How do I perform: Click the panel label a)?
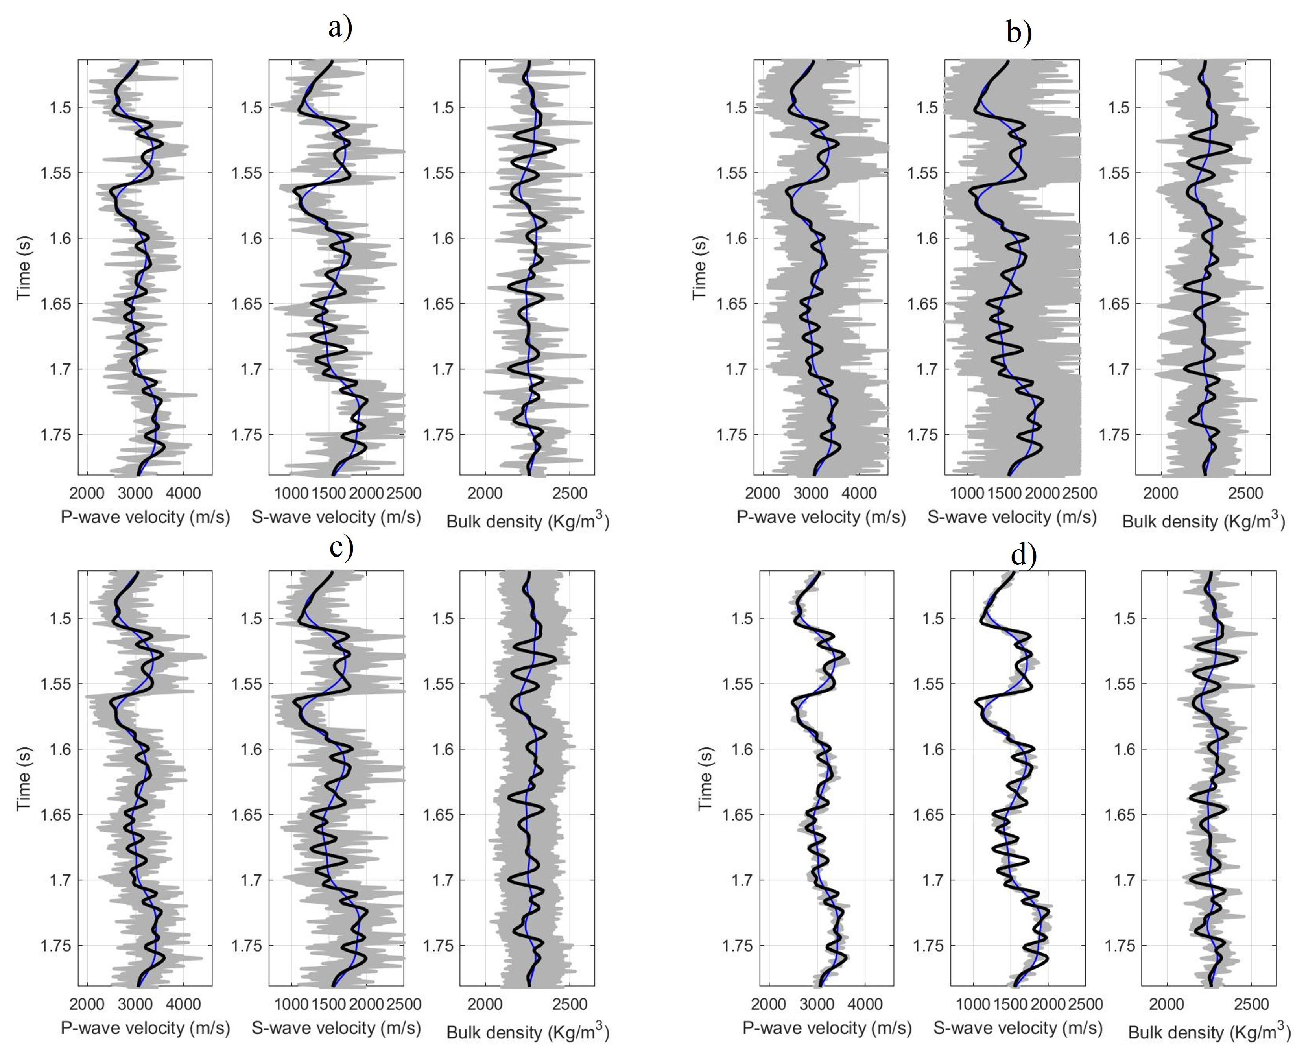click(x=340, y=28)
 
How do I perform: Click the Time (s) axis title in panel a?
click(x=24, y=267)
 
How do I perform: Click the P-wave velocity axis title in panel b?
click(x=821, y=517)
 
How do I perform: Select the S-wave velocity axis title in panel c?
click(x=336, y=1027)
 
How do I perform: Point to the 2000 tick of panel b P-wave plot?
click(x=763, y=493)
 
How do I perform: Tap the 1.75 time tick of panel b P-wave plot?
click(x=735, y=435)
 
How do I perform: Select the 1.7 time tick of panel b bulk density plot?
click(x=1118, y=369)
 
